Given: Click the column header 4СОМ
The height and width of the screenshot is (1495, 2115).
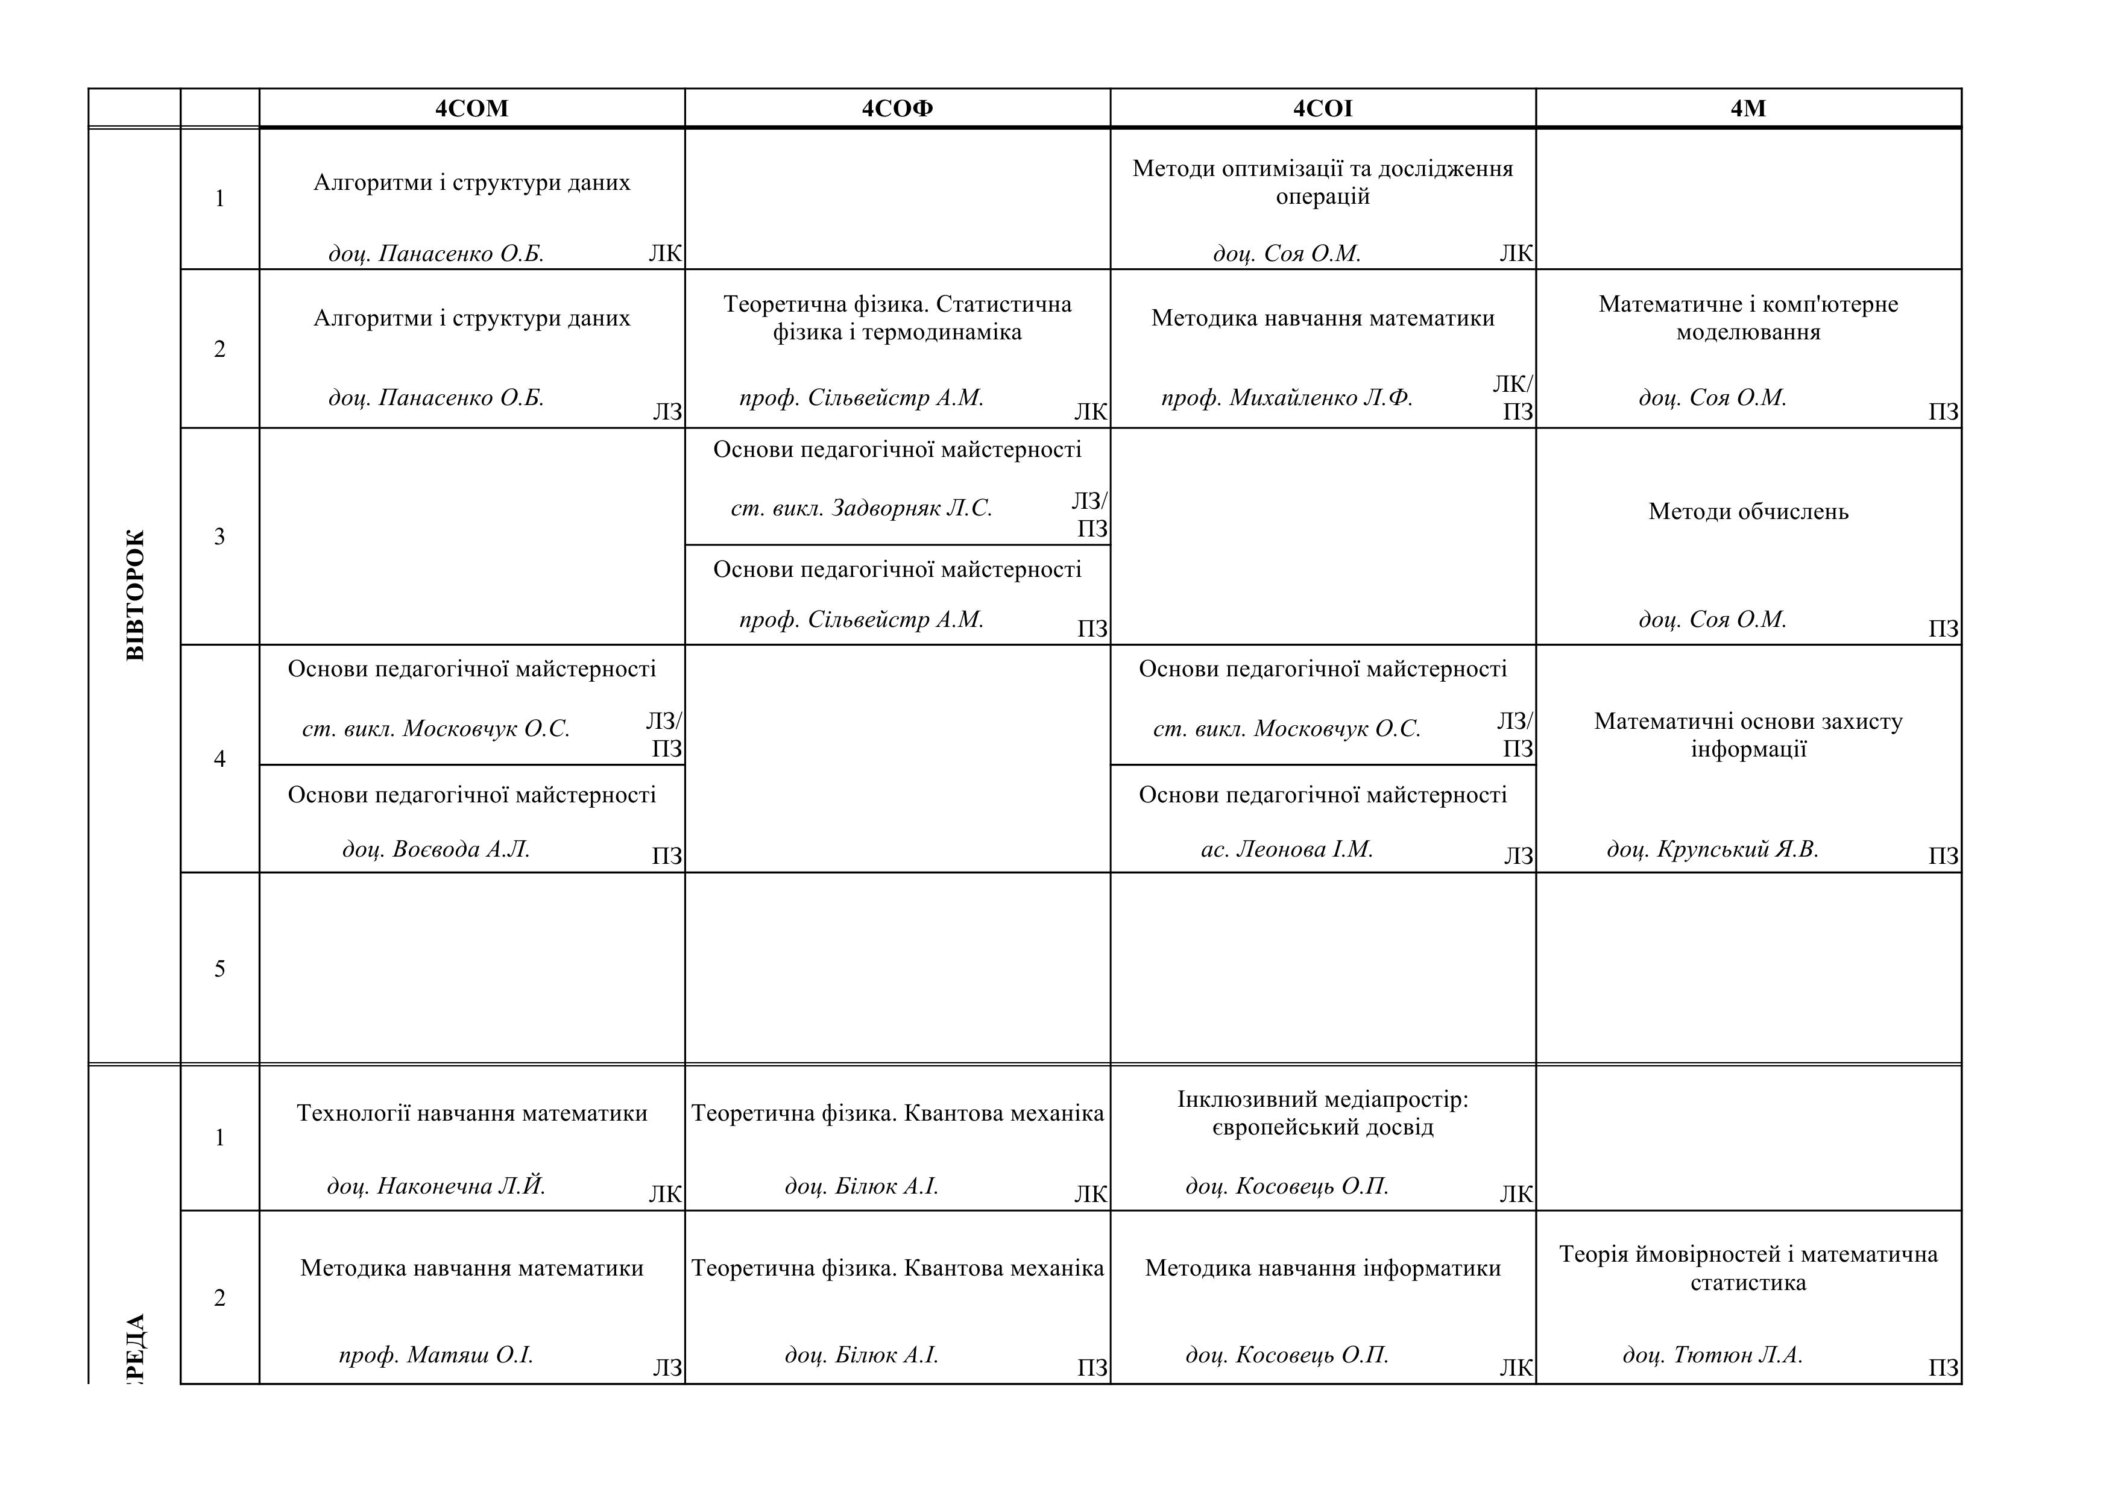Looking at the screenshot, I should (471, 109).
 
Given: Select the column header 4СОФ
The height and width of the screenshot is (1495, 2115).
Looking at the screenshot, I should (897, 109).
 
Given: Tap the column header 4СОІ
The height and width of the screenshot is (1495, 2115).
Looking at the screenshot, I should (1323, 109).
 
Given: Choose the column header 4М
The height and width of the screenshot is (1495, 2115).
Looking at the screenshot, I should (1748, 109).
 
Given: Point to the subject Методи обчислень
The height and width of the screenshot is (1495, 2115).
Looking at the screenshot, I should (1748, 512).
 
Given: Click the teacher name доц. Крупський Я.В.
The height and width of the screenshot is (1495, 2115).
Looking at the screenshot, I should (1712, 849).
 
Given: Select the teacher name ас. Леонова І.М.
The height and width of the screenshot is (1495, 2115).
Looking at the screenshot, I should (1287, 849).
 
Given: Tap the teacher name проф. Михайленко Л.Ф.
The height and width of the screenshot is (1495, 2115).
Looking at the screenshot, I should (1287, 398).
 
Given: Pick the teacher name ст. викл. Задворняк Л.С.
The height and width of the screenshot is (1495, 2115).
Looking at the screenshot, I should (862, 508).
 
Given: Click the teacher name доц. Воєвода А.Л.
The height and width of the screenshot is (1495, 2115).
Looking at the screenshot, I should (437, 849).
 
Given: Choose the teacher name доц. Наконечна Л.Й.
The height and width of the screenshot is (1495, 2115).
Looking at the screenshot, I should (437, 1186).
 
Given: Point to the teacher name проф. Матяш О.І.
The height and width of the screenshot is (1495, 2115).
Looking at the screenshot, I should (437, 1355).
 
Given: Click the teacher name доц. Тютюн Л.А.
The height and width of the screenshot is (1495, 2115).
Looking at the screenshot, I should (1712, 1355).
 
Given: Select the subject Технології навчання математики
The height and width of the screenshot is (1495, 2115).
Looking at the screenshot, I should (471, 1113).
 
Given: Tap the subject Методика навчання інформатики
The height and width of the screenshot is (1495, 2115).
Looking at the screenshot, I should (1323, 1268).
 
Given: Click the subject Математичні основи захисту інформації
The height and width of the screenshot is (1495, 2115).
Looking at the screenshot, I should (1748, 735).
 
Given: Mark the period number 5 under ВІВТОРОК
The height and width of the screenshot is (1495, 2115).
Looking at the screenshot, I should (219, 969).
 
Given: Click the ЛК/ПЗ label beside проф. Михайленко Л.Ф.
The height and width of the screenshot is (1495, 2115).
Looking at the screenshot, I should (1513, 398).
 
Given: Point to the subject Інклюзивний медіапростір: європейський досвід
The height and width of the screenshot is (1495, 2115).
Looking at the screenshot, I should (1323, 1113).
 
